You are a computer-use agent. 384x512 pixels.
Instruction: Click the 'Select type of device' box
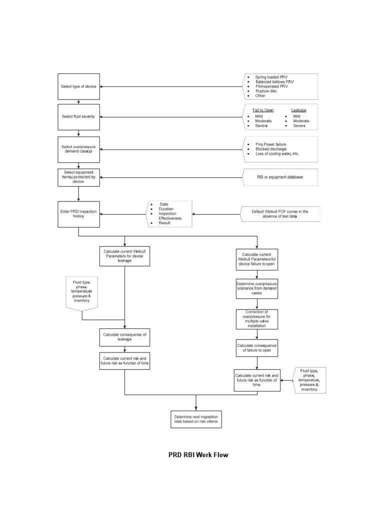click(79, 87)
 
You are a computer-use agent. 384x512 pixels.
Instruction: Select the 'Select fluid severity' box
click(79, 117)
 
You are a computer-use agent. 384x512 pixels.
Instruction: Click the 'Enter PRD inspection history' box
click(79, 213)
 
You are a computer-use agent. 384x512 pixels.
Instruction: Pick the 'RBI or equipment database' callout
click(280, 177)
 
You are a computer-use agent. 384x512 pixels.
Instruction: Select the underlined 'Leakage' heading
click(298, 110)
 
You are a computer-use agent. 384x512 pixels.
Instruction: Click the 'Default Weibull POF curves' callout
click(279, 214)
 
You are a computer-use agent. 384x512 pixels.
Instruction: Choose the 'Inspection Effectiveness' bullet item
click(170, 216)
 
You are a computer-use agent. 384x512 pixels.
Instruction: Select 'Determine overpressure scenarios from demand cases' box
click(256, 289)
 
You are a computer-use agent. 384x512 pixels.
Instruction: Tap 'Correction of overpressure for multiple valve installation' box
click(256, 319)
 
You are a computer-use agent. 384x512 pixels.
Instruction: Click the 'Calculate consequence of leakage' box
click(124, 336)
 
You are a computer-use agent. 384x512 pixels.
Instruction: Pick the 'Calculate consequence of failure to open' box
click(256, 348)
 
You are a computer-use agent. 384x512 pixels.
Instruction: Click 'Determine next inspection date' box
click(196, 419)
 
